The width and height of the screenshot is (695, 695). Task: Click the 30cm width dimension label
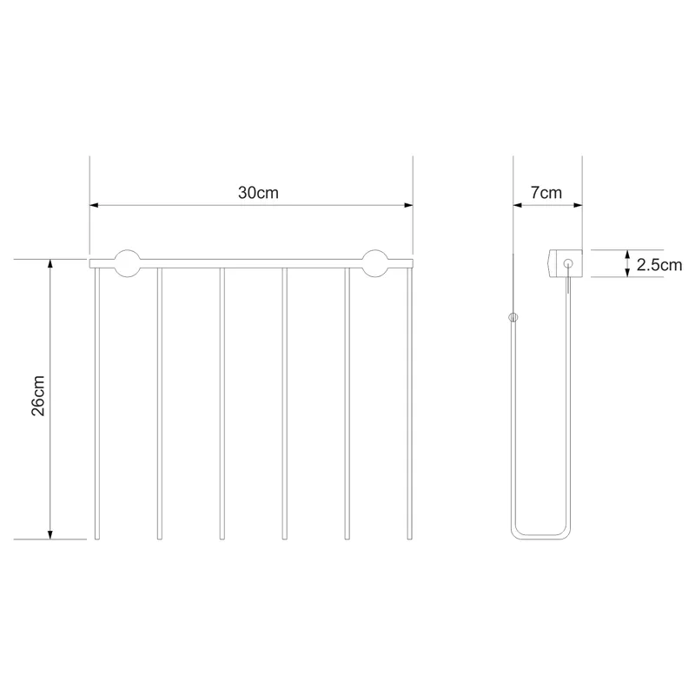258,193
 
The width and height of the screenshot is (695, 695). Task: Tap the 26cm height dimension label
38,395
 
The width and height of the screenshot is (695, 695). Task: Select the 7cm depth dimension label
546,193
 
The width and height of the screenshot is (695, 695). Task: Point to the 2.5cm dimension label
659,265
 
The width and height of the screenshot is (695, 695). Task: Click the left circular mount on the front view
128,264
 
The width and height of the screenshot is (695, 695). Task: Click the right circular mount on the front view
375,264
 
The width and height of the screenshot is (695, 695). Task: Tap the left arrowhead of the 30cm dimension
94,205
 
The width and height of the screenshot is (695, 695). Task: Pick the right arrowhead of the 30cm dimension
408,205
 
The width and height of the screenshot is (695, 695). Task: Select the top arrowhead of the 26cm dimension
50,264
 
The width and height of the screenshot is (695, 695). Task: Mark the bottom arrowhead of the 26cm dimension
50,534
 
